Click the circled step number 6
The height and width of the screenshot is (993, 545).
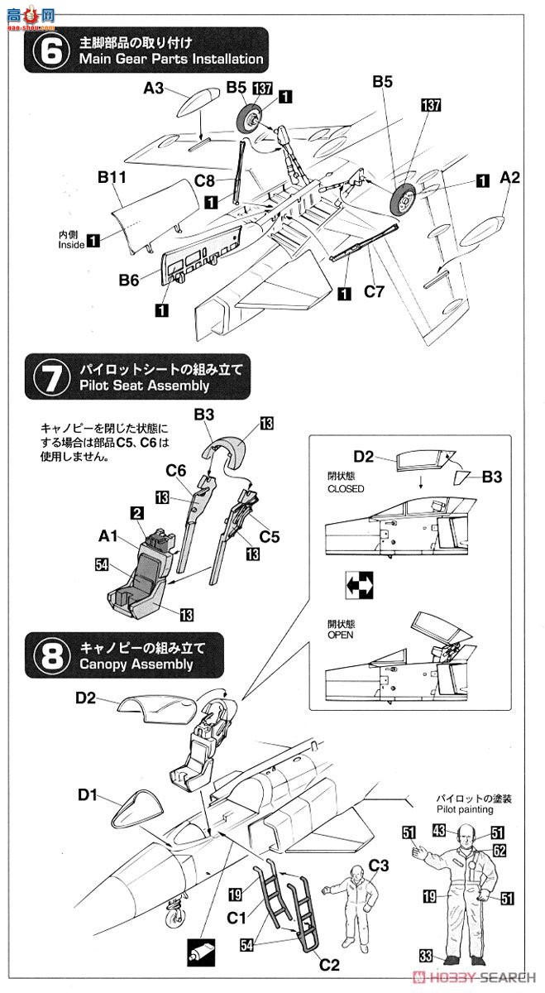click(50, 50)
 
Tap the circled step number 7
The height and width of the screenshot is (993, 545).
click(50, 377)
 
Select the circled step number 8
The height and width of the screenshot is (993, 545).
click(50, 655)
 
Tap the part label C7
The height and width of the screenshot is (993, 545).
click(375, 292)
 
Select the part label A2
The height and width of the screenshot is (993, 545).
click(509, 178)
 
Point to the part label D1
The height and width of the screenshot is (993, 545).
click(89, 796)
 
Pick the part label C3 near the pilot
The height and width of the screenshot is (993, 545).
click(379, 866)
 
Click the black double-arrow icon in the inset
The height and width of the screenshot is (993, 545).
click(361, 585)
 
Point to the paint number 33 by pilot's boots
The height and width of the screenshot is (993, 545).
click(426, 957)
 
